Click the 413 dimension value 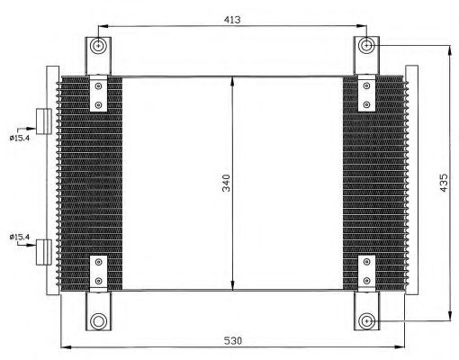tap(232, 20)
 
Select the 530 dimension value tap(233, 341)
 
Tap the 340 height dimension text tap(226, 183)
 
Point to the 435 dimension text tap(444, 183)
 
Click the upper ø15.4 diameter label tap(20, 139)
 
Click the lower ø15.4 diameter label tap(20, 237)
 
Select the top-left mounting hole tap(98, 46)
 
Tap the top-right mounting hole tap(366, 46)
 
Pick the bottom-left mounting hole tap(98, 321)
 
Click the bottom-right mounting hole tap(366, 321)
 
